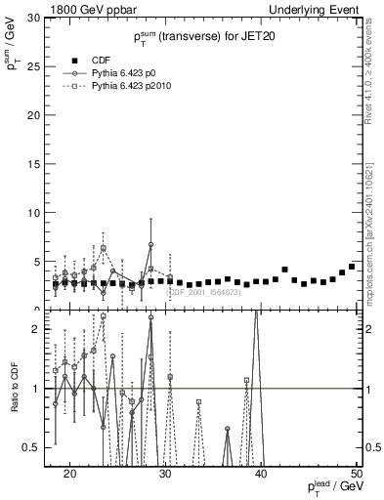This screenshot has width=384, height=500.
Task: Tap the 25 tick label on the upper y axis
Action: pos(35,66)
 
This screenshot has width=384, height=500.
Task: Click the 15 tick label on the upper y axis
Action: pos(35,164)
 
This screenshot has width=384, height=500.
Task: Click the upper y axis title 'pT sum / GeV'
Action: pos(13,45)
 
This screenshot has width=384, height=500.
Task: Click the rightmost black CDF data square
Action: pos(352,267)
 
